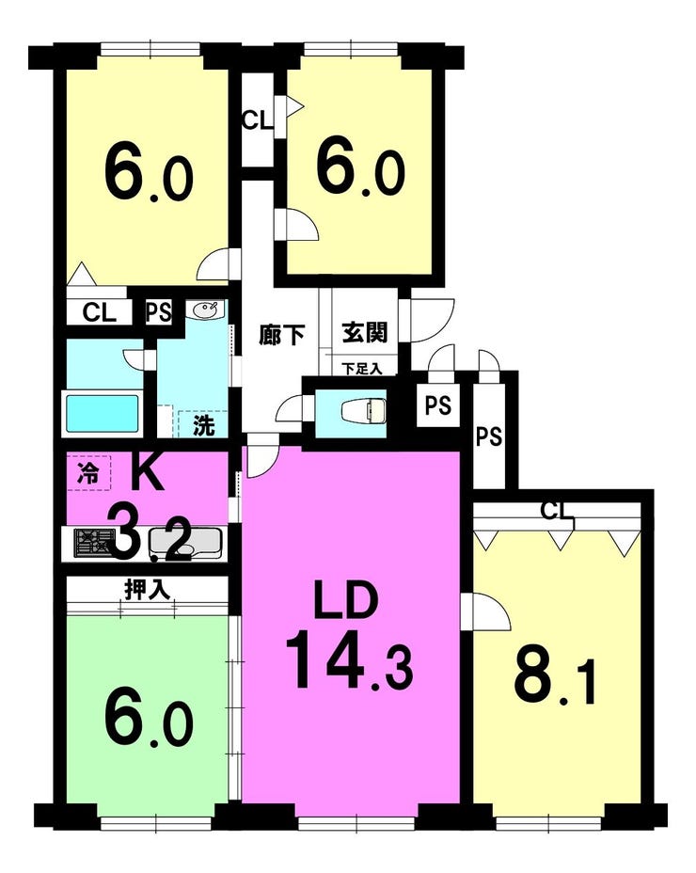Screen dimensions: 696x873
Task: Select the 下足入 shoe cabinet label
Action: click(361, 368)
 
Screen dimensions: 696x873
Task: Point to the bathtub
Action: click(102, 413)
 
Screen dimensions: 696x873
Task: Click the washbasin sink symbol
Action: click(207, 310)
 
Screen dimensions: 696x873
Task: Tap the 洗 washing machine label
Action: click(203, 426)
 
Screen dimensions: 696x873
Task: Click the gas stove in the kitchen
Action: click(94, 543)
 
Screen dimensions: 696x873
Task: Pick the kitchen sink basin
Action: click(185, 543)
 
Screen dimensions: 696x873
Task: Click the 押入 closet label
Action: click(147, 589)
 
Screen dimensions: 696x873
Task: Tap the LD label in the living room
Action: click(346, 599)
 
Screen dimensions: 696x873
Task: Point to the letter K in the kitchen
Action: click(147, 471)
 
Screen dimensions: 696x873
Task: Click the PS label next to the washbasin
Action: click(159, 311)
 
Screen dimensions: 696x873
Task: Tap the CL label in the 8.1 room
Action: click(558, 511)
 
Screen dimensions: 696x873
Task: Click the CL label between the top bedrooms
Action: click(258, 119)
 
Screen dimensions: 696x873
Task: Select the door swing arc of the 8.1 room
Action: click(493, 607)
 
